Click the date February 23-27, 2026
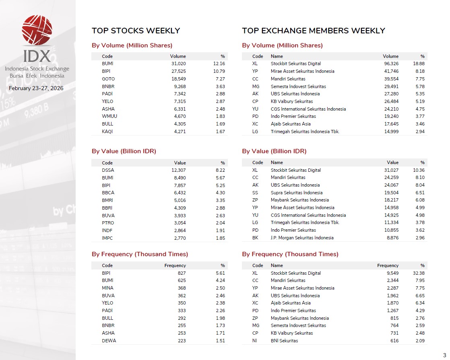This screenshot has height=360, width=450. (36, 88)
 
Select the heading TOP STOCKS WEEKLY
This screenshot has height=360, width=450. (136, 31)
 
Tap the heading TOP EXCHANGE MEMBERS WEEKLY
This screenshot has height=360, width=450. (313, 31)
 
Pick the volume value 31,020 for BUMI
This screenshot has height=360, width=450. (178, 64)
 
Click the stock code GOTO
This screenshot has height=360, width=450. (108, 79)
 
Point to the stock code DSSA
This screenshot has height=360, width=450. (108, 170)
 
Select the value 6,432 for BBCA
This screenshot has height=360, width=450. (178, 193)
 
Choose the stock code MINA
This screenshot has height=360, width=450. (107, 288)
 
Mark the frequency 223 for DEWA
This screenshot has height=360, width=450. (181, 341)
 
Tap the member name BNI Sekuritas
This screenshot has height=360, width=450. (284, 341)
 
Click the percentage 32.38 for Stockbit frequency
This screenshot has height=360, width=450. (419, 273)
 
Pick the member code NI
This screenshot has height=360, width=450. (255, 341)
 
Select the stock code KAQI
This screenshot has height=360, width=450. (108, 132)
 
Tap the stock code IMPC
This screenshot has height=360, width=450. (108, 238)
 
